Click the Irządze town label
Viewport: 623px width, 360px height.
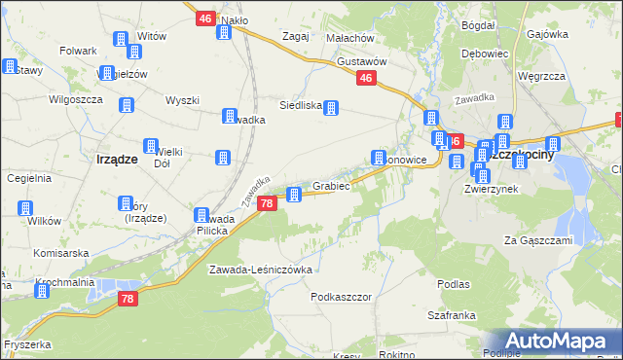(116, 159)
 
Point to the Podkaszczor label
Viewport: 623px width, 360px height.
(342, 296)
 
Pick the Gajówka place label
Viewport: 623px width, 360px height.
(547, 33)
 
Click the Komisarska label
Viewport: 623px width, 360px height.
(60, 252)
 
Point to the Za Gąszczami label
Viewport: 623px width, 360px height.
(537, 239)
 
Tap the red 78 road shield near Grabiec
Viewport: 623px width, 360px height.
(267, 203)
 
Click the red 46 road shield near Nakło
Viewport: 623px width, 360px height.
(204, 18)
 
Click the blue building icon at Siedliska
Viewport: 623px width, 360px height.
(331, 107)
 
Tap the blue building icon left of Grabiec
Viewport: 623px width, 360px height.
(294, 194)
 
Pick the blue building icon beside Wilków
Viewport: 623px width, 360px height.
(25, 208)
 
